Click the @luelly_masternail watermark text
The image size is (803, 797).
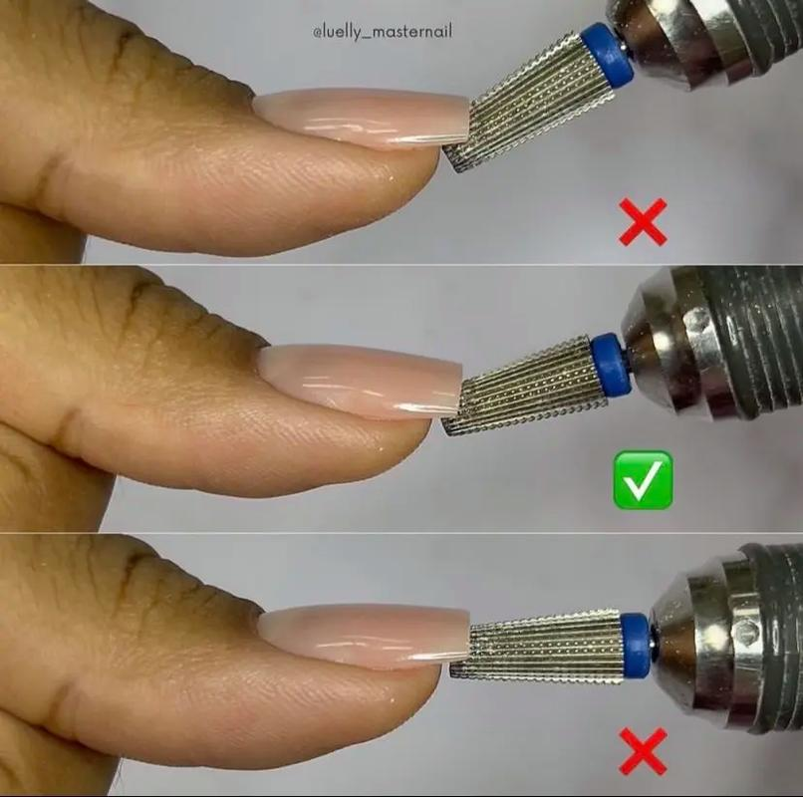click(382, 32)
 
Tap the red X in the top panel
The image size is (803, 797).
click(643, 222)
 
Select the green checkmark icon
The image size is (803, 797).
click(644, 480)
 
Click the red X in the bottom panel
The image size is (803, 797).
click(644, 751)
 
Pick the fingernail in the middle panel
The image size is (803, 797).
click(360, 382)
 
